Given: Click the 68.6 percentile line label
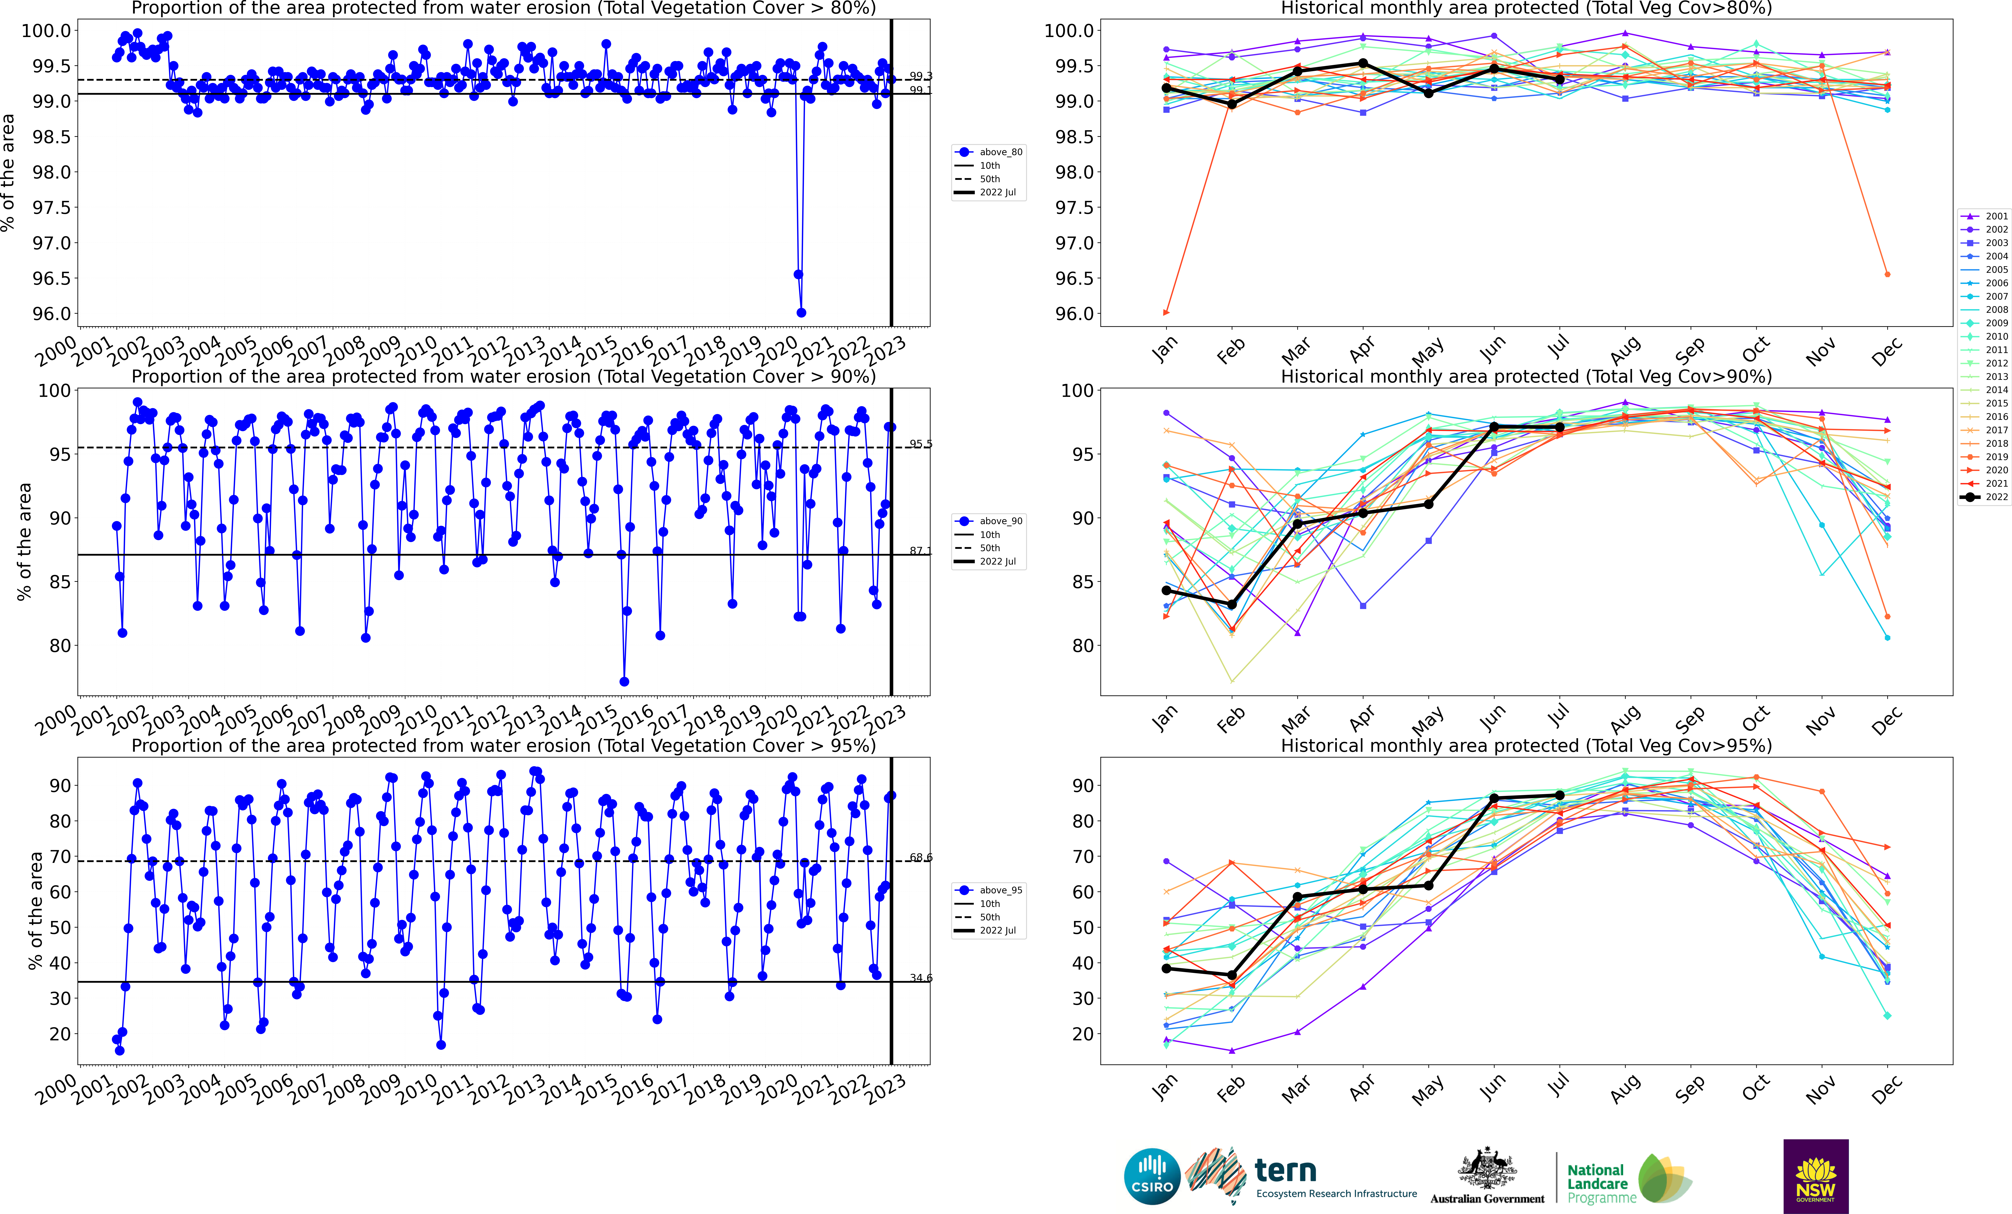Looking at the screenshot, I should click(x=920, y=857).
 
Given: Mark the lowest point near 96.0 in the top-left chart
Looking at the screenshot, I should click(x=801, y=313).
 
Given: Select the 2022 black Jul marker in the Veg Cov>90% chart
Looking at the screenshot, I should click(x=1560, y=427).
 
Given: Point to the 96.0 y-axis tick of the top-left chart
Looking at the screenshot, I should click(x=51, y=313).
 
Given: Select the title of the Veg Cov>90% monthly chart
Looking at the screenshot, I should click(x=1526, y=376).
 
